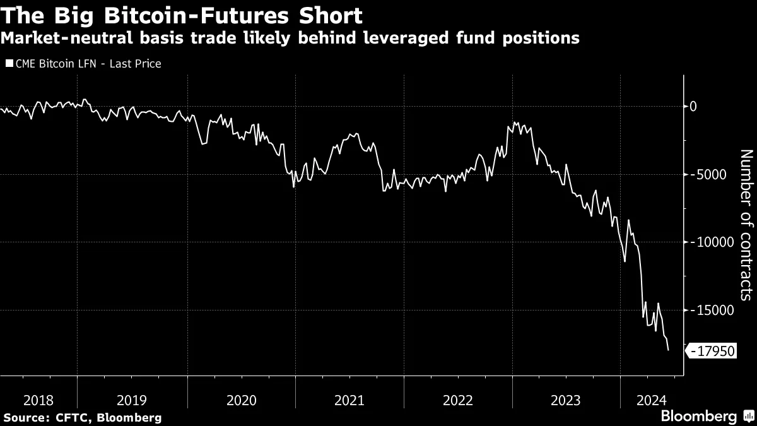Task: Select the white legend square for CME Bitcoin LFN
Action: (x=9, y=64)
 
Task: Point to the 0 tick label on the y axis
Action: (x=693, y=106)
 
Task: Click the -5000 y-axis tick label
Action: (x=707, y=174)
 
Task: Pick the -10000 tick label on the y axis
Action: (x=710, y=242)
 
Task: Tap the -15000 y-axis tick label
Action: (x=710, y=310)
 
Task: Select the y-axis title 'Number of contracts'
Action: (x=746, y=225)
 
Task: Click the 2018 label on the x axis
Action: (x=38, y=399)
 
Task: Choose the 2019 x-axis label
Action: (x=132, y=399)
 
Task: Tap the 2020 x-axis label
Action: (x=241, y=399)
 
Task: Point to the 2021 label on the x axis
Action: (x=349, y=399)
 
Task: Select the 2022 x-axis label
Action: (x=458, y=399)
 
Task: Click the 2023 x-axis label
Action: (x=566, y=399)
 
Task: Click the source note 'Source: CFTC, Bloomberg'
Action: (x=82, y=417)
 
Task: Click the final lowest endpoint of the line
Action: (x=668, y=350)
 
